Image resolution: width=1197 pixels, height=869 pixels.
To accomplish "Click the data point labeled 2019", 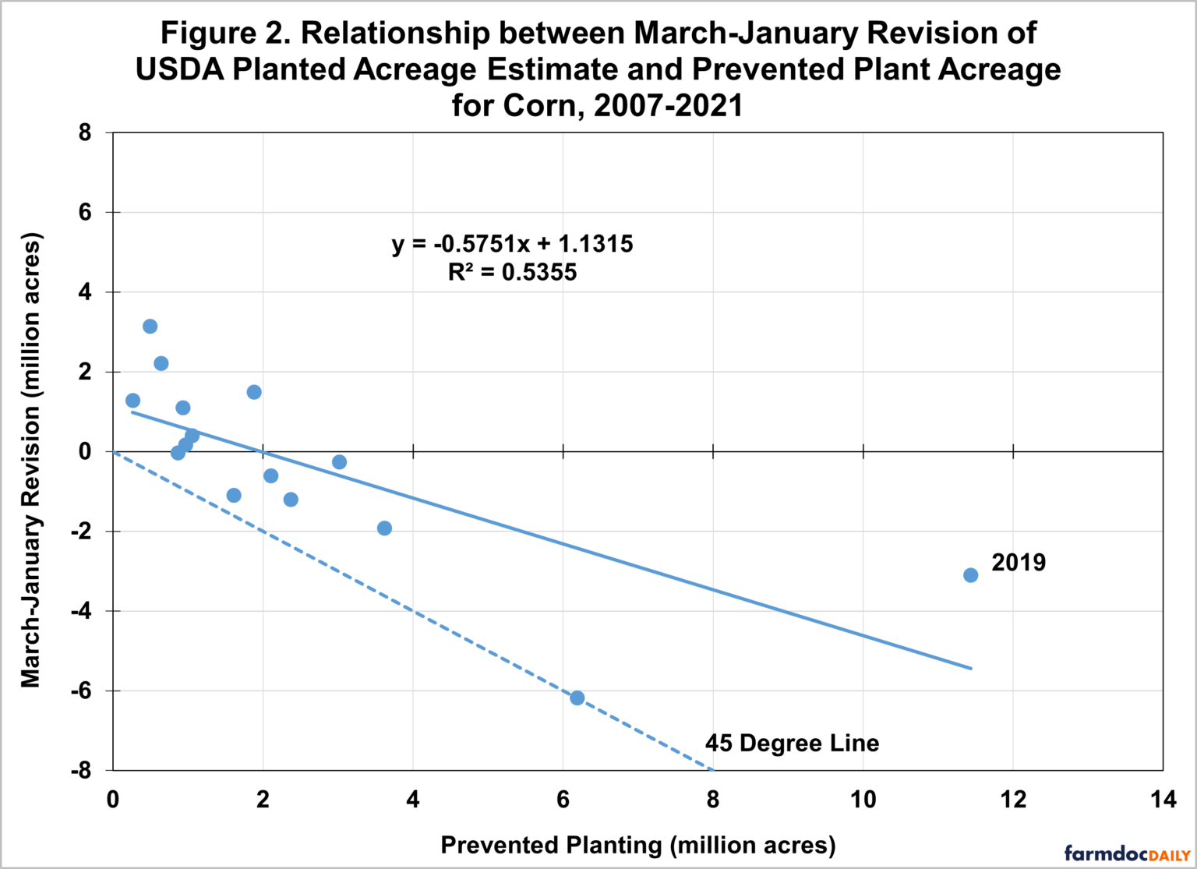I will point(970,575).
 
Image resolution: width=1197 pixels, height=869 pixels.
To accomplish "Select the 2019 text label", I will point(1019,563).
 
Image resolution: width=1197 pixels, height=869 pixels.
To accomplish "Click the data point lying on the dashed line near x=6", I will point(577,698).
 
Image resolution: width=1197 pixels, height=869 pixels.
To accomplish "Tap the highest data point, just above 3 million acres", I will point(150,327).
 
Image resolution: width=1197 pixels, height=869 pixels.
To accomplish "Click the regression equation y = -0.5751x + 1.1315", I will point(512,244).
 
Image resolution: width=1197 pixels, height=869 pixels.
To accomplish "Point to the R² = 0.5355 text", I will point(512,273).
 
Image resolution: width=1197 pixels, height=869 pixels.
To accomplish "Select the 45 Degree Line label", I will point(792,744).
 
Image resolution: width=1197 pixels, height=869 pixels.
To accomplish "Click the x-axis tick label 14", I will point(1162,800).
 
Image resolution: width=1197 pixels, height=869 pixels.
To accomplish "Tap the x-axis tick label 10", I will point(863,800).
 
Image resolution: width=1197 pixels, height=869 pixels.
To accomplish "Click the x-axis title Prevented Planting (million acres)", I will point(637,846).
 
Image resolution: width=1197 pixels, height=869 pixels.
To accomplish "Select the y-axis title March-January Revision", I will point(30,460).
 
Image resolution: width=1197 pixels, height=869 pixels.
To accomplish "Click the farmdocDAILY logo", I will point(1127,853).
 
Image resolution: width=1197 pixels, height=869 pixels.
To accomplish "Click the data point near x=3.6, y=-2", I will point(384,528).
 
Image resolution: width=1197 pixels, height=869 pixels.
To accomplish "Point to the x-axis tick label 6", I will point(563,800).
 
